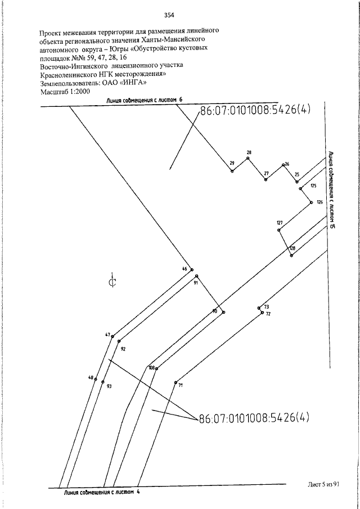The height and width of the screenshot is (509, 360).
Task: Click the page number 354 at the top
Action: pos(169,15)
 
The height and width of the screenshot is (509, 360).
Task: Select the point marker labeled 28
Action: pos(247,158)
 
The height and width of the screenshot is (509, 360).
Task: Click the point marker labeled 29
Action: pos(232,171)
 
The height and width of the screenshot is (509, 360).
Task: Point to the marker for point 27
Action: pos(265,179)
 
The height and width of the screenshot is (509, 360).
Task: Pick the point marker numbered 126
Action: pos(311,202)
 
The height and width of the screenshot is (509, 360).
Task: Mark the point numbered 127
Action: pos(278,230)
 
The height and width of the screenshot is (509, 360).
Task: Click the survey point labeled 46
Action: pos(191,269)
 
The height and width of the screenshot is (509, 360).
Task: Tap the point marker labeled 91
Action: pos(196,276)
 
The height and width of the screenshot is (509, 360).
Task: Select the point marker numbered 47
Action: pos(112,336)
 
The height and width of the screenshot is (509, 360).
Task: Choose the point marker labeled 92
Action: pos(119,341)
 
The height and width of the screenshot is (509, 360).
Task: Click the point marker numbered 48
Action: pos(96,379)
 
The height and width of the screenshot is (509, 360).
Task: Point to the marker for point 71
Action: pos(175,382)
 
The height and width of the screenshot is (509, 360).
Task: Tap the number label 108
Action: pos(152,368)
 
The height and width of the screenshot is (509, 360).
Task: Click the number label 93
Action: pos(109,386)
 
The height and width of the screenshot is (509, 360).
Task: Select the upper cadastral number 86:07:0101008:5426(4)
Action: pos(255,110)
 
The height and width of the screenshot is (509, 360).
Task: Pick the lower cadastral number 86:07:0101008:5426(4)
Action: pos(254,417)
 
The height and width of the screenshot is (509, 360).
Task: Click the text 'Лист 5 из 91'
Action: pos(323,484)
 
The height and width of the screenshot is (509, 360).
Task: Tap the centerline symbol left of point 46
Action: pos(112,281)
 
